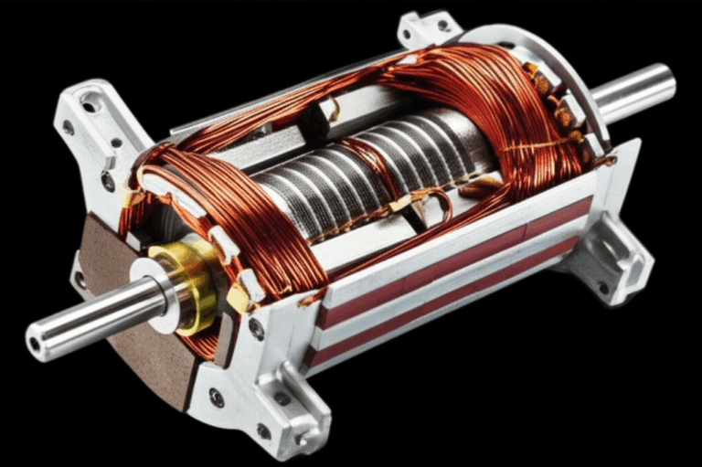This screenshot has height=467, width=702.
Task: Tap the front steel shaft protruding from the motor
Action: click(91, 320)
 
